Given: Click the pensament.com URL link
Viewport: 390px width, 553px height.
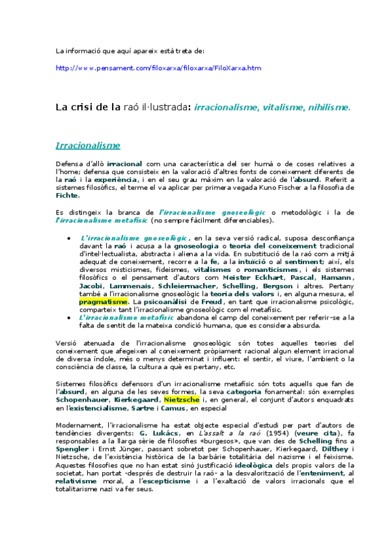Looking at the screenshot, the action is (158, 68).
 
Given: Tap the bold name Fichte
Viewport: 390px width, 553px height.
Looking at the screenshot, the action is (67, 195).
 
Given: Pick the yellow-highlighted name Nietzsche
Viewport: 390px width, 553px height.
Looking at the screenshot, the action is (182, 399).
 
